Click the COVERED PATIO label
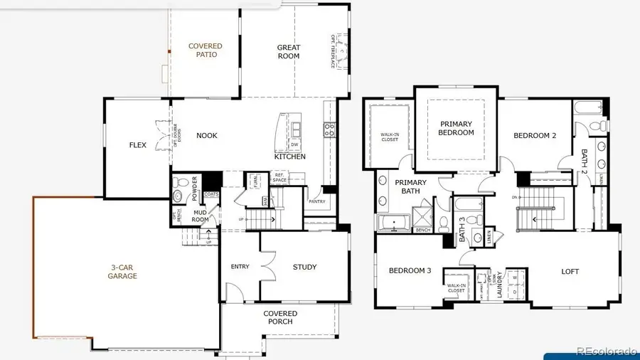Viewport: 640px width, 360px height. [x=205, y=51]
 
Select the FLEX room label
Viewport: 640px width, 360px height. [x=137, y=145]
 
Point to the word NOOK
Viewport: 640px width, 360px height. [x=207, y=136]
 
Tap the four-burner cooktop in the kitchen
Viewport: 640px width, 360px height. [x=330, y=129]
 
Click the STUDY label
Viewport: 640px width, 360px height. [x=304, y=268]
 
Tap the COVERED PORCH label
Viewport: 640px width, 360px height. [x=280, y=317]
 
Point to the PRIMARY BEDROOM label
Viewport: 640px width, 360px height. [x=456, y=128]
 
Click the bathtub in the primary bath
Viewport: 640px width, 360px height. [x=391, y=225]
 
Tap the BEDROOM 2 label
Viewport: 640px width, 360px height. [x=535, y=136]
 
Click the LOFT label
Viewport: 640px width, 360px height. [x=570, y=271]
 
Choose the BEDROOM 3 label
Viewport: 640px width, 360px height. [x=410, y=270]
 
